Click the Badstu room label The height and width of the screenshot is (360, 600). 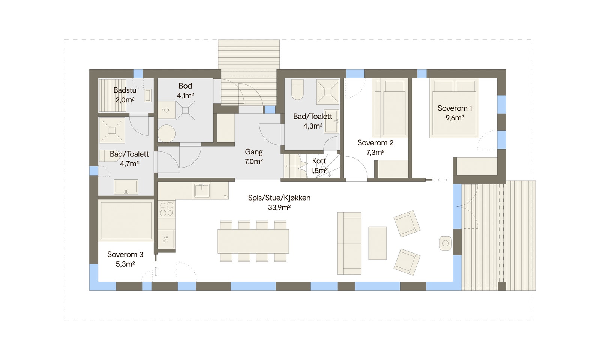tap(125, 90)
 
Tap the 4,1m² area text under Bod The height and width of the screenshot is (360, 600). tap(185, 95)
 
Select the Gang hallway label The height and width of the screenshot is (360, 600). tap(253, 152)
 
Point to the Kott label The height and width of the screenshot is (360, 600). tap(319, 161)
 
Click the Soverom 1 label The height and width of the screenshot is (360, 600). tap(454, 108)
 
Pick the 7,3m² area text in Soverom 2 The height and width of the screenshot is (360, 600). tap(375, 153)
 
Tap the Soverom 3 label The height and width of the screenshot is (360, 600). tap(125, 255)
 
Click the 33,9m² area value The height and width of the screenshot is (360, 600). tap(279, 208)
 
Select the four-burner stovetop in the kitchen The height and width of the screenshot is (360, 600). tap(166, 209)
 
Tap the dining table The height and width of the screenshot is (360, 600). tap(253, 241)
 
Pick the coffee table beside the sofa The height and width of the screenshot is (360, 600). tap(377, 243)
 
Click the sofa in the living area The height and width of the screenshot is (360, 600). tap(349, 243)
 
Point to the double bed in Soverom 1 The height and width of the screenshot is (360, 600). tap(454, 108)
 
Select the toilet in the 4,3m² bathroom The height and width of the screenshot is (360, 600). tap(298, 89)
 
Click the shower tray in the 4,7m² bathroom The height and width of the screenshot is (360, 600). tap(112, 130)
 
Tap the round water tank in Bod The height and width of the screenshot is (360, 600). tap(166, 133)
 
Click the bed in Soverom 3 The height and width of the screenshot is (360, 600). tap(126, 221)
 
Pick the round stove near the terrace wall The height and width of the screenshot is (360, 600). tap(445, 243)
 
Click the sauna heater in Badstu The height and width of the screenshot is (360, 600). tap(148, 95)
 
